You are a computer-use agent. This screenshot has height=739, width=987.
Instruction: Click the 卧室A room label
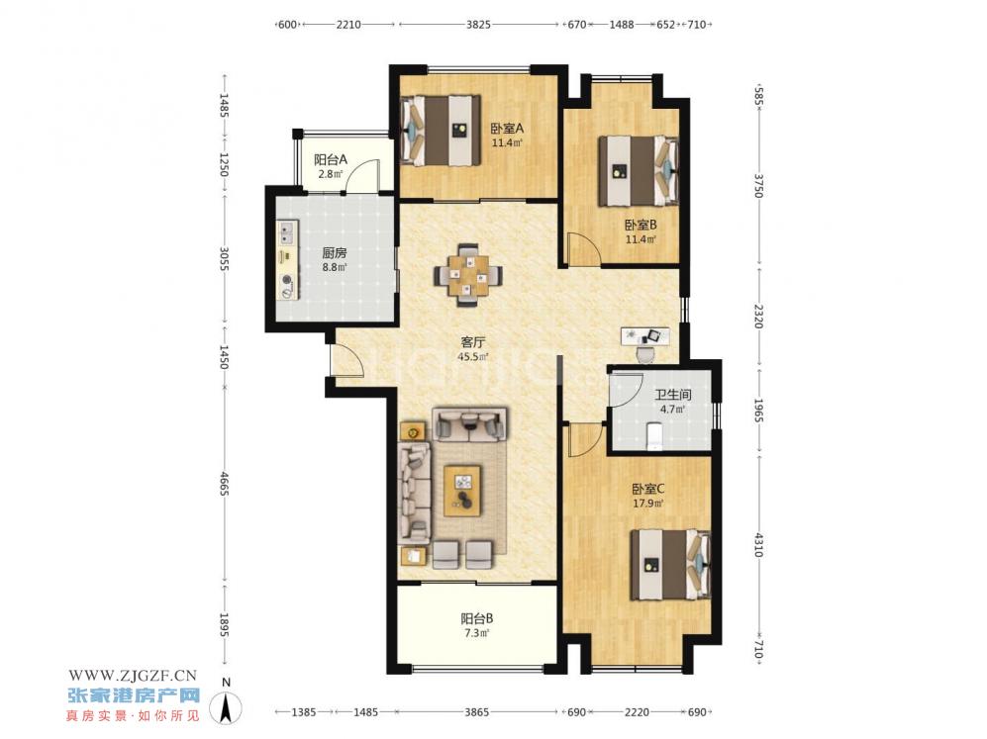[x=507, y=129]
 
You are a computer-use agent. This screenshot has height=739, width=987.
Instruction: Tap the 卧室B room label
[x=641, y=225]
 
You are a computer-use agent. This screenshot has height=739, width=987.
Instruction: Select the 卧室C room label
[x=648, y=489]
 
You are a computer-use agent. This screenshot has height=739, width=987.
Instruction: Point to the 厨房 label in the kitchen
[x=335, y=253]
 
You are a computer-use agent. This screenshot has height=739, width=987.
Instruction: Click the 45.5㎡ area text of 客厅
[x=473, y=357]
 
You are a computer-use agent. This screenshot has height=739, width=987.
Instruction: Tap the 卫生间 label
[x=673, y=395]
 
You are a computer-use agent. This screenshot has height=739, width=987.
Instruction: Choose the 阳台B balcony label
[x=477, y=619]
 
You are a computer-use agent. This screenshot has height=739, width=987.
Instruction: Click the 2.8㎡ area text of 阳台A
[x=331, y=174]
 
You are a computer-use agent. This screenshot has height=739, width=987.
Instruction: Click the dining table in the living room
[x=468, y=275]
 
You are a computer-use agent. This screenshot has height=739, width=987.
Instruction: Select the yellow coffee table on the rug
[x=462, y=491]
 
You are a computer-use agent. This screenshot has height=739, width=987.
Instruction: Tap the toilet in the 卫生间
[x=654, y=436]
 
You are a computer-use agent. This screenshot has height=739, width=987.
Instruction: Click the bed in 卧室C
[x=671, y=565]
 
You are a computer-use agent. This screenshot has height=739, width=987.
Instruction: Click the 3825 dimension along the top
[x=478, y=25]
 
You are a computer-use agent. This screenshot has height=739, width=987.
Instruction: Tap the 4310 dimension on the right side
[x=759, y=545]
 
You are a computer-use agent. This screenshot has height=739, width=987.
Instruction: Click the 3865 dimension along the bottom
[x=476, y=712]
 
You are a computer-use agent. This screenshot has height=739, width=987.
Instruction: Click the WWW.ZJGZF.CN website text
[x=133, y=676]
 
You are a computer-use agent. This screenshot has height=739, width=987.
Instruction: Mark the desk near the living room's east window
[x=645, y=335]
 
